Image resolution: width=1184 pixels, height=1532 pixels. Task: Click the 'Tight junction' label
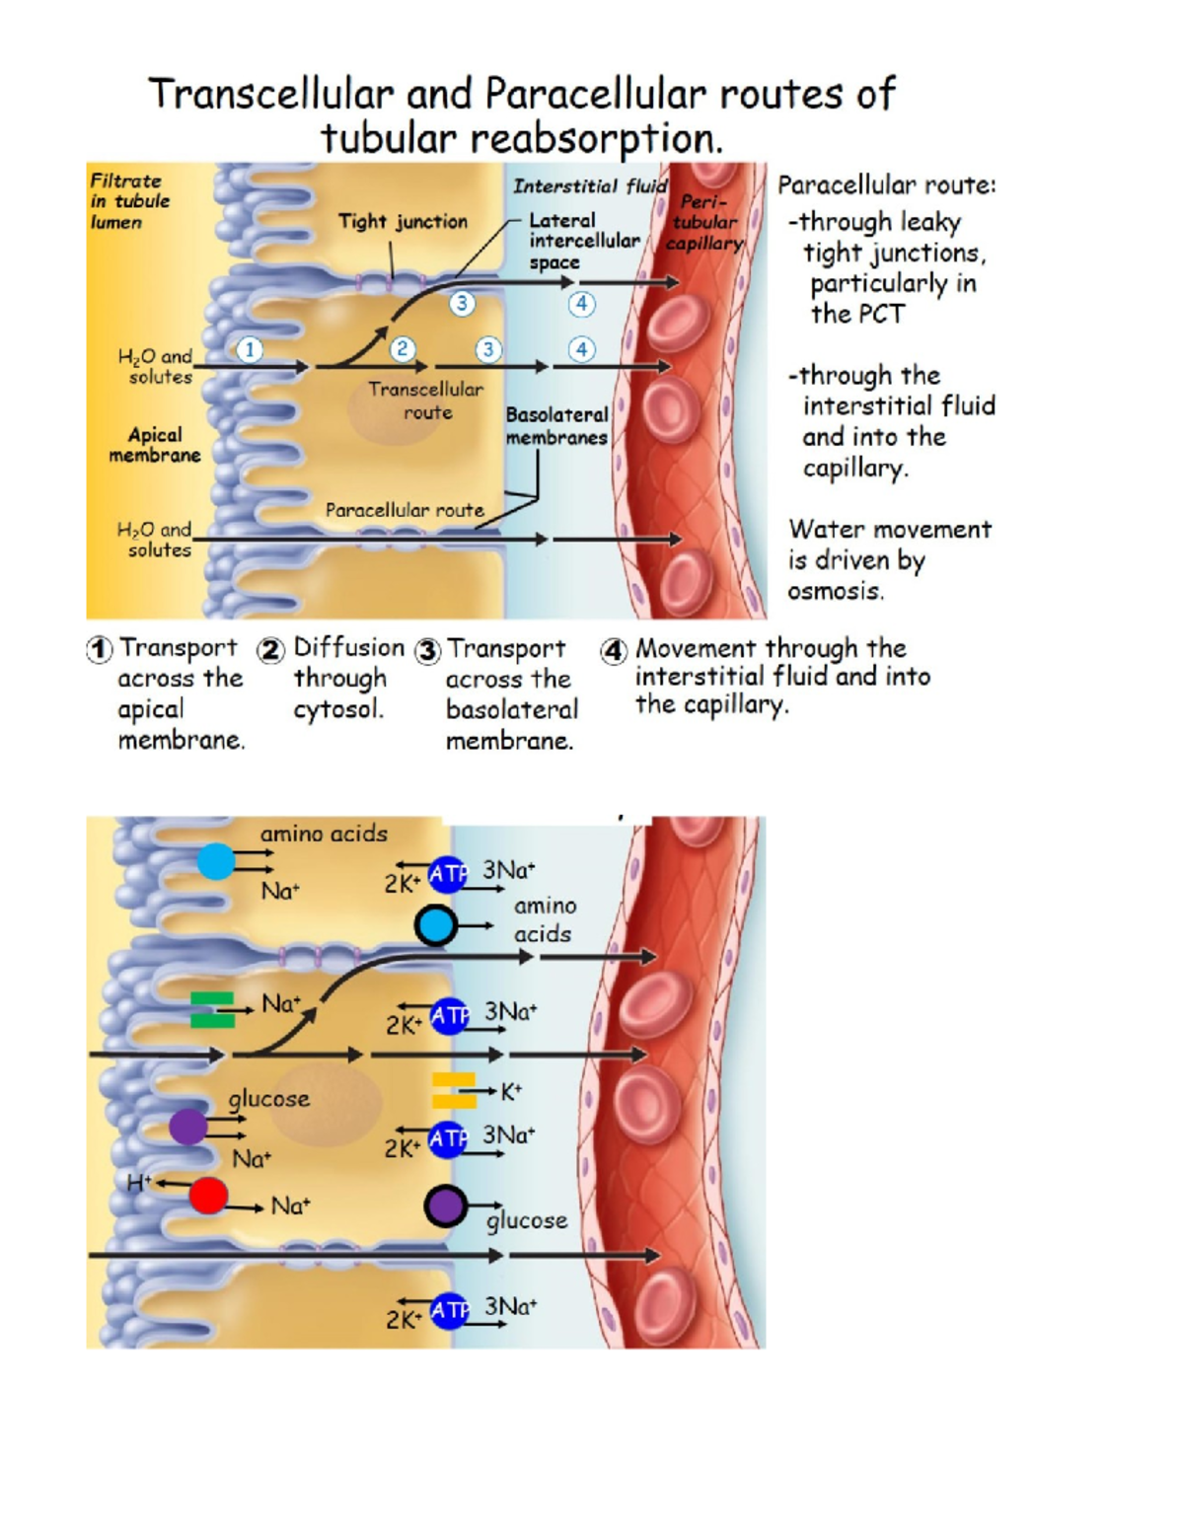(x=403, y=222)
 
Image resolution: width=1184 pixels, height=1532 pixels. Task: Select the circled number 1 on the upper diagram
(x=250, y=349)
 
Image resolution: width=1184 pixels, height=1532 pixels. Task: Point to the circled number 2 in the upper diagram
(x=402, y=349)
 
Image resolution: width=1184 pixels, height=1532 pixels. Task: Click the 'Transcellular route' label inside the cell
(x=426, y=401)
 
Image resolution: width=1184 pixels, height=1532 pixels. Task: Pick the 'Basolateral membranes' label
(x=556, y=426)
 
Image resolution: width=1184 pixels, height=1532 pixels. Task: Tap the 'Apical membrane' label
(x=155, y=445)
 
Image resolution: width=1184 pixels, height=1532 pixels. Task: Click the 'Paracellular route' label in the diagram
(x=405, y=510)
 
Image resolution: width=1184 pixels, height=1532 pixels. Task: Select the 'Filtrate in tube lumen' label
(x=130, y=201)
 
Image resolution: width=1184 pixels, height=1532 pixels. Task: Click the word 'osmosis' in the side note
(x=835, y=591)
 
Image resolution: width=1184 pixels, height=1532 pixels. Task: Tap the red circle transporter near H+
(x=208, y=1196)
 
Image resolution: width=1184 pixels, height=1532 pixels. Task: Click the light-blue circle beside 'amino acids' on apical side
(x=216, y=861)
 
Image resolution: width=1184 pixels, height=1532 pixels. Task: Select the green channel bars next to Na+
(x=212, y=1010)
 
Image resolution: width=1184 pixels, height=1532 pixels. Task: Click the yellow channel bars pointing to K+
(x=453, y=1090)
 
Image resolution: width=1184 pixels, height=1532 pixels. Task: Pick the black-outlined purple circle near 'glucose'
(x=445, y=1205)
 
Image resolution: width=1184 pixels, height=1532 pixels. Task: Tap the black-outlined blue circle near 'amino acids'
(x=435, y=925)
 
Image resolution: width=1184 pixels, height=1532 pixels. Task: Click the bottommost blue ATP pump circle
(x=449, y=1310)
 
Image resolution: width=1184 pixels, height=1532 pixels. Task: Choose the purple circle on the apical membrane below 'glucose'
(x=187, y=1127)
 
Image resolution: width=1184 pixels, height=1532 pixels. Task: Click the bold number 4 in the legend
(x=614, y=651)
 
